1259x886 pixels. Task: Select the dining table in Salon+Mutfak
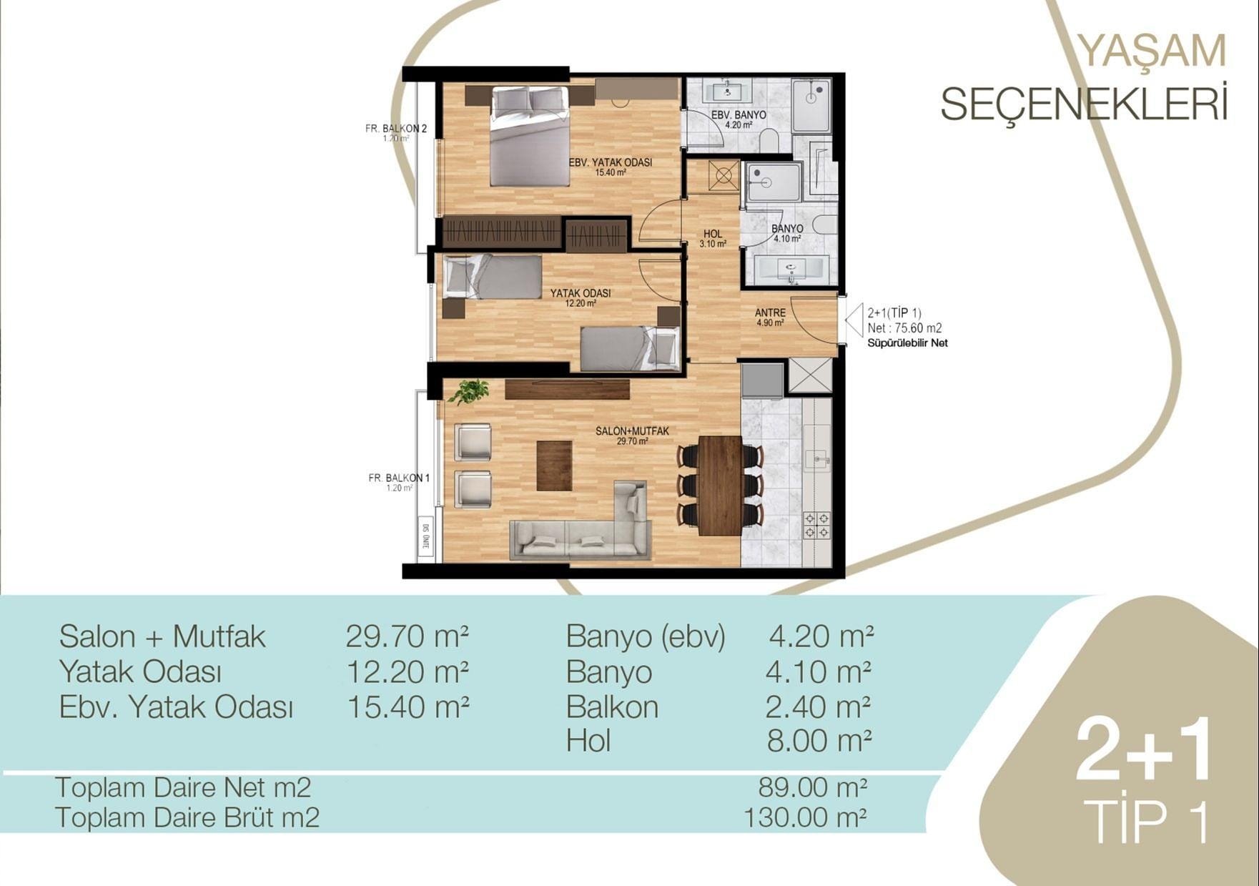720,486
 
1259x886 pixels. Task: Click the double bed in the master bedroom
530,136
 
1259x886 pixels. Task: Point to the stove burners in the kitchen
816,525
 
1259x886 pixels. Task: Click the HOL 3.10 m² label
713,238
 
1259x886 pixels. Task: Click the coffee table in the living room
554,465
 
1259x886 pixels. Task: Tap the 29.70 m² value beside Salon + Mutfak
408,636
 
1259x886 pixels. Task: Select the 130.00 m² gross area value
806,817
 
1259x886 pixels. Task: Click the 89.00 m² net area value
813,787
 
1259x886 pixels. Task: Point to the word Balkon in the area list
612,707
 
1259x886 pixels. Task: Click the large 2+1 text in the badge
1144,749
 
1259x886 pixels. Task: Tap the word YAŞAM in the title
1151,51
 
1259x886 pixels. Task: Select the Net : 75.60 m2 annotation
904,328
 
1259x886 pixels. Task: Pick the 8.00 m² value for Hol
819,742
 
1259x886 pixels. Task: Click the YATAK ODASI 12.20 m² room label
581,297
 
